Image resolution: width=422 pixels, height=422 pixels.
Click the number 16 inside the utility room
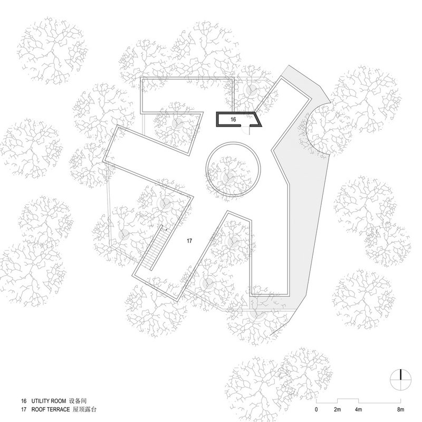click(233, 120)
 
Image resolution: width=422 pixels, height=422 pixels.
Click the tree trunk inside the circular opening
click(231, 177)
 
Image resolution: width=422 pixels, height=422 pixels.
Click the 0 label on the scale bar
click(316, 409)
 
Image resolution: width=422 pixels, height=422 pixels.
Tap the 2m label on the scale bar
click(338, 409)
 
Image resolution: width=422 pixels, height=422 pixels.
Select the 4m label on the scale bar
click(359, 409)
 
